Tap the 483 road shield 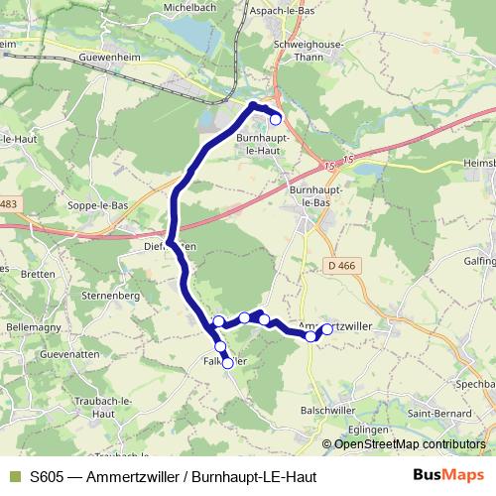pyautogui.click(x=8, y=203)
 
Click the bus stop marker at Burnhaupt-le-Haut pyautogui.click(x=276, y=120)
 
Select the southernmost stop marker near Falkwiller pyautogui.click(x=227, y=363)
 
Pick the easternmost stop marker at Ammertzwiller pyautogui.click(x=327, y=330)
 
